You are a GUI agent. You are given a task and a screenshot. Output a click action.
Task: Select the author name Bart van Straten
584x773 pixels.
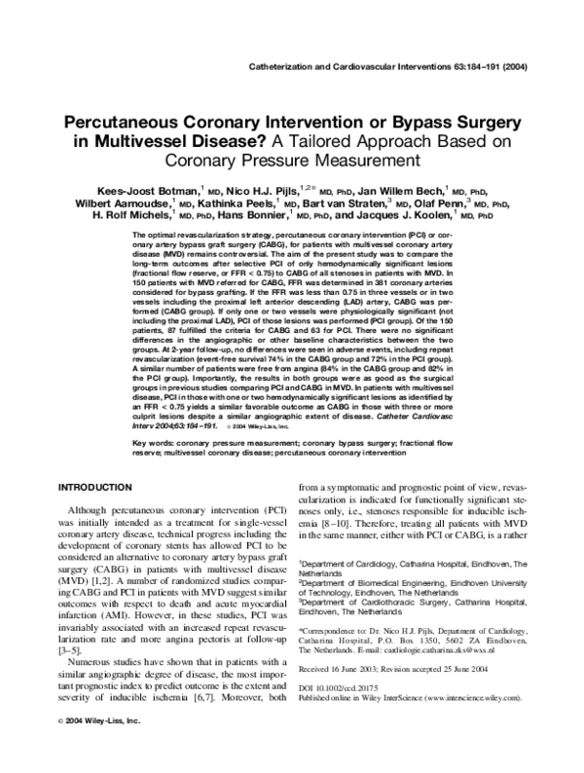coord(339,203)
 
